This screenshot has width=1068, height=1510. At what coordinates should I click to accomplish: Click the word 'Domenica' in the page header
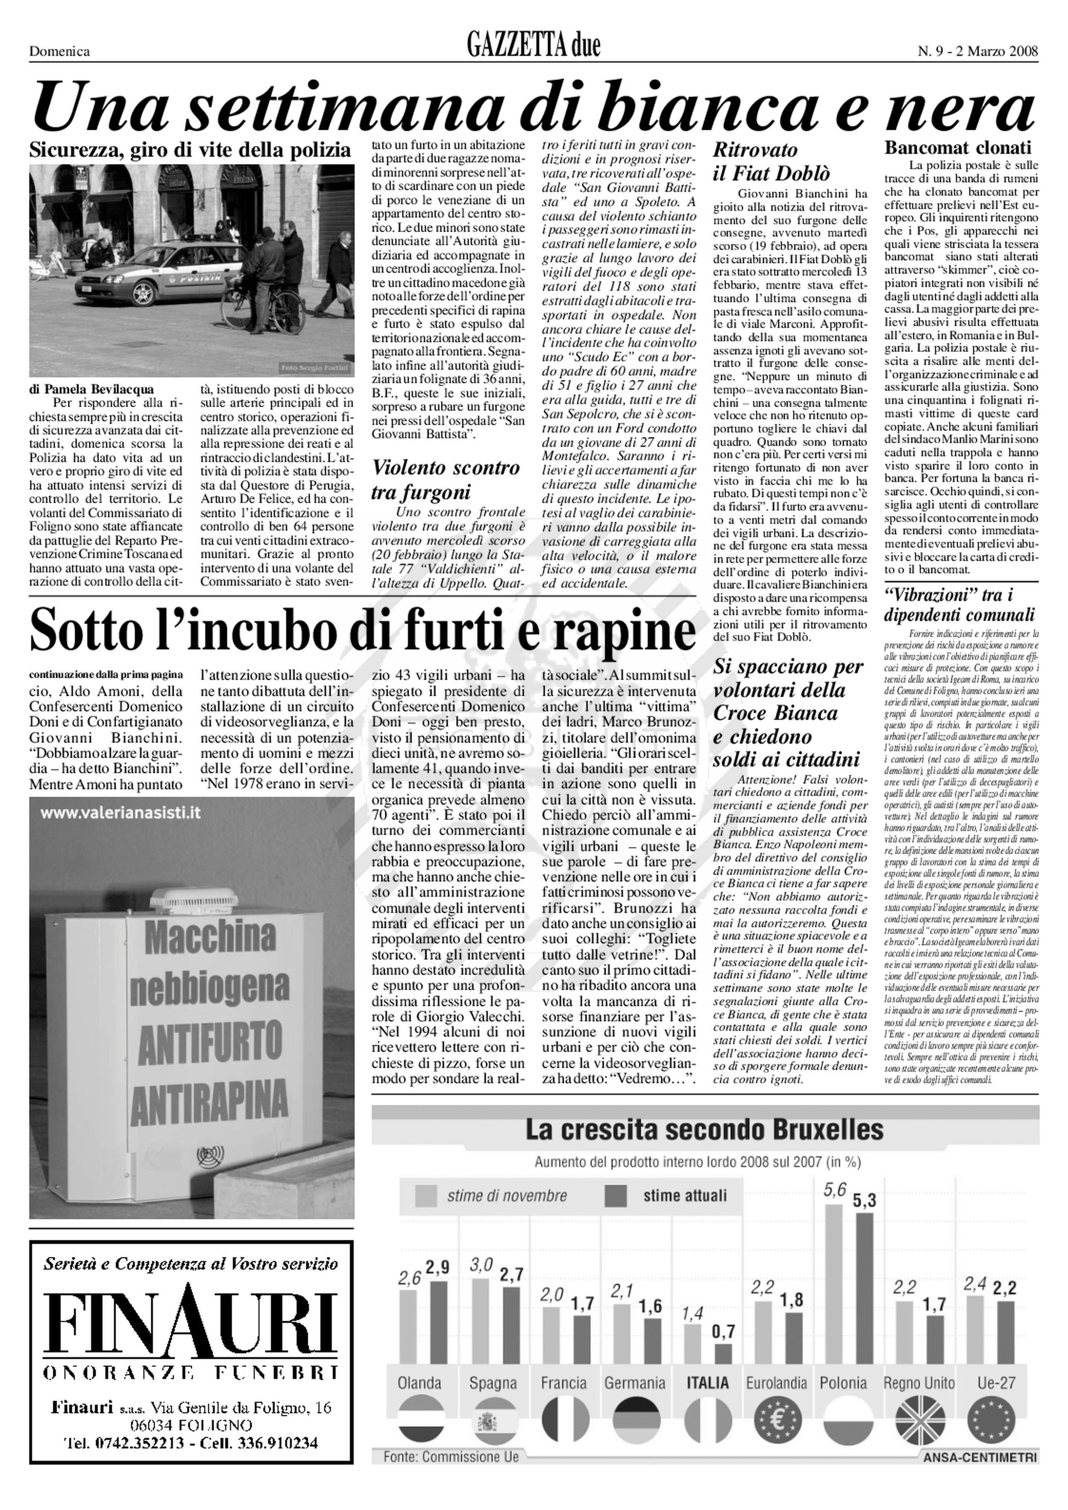[59, 51]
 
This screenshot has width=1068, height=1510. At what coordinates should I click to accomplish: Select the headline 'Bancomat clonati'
[957, 147]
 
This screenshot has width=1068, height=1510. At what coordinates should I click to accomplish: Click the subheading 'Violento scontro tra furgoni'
[445, 479]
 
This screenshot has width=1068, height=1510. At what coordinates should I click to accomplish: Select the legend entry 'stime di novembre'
[506, 1195]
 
